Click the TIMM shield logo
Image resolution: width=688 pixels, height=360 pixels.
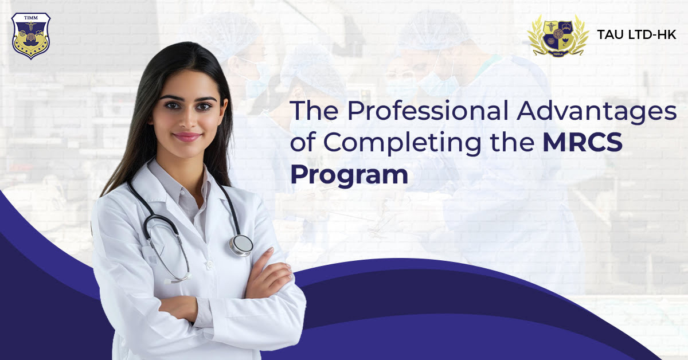(x=30, y=36)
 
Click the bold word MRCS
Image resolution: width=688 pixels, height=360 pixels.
(x=582, y=143)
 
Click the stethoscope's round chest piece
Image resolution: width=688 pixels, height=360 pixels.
(x=241, y=244)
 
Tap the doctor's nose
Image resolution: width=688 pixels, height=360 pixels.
(x=187, y=120)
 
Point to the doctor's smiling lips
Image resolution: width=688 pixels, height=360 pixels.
(x=187, y=137)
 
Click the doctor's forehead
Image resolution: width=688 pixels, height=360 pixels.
(x=185, y=83)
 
